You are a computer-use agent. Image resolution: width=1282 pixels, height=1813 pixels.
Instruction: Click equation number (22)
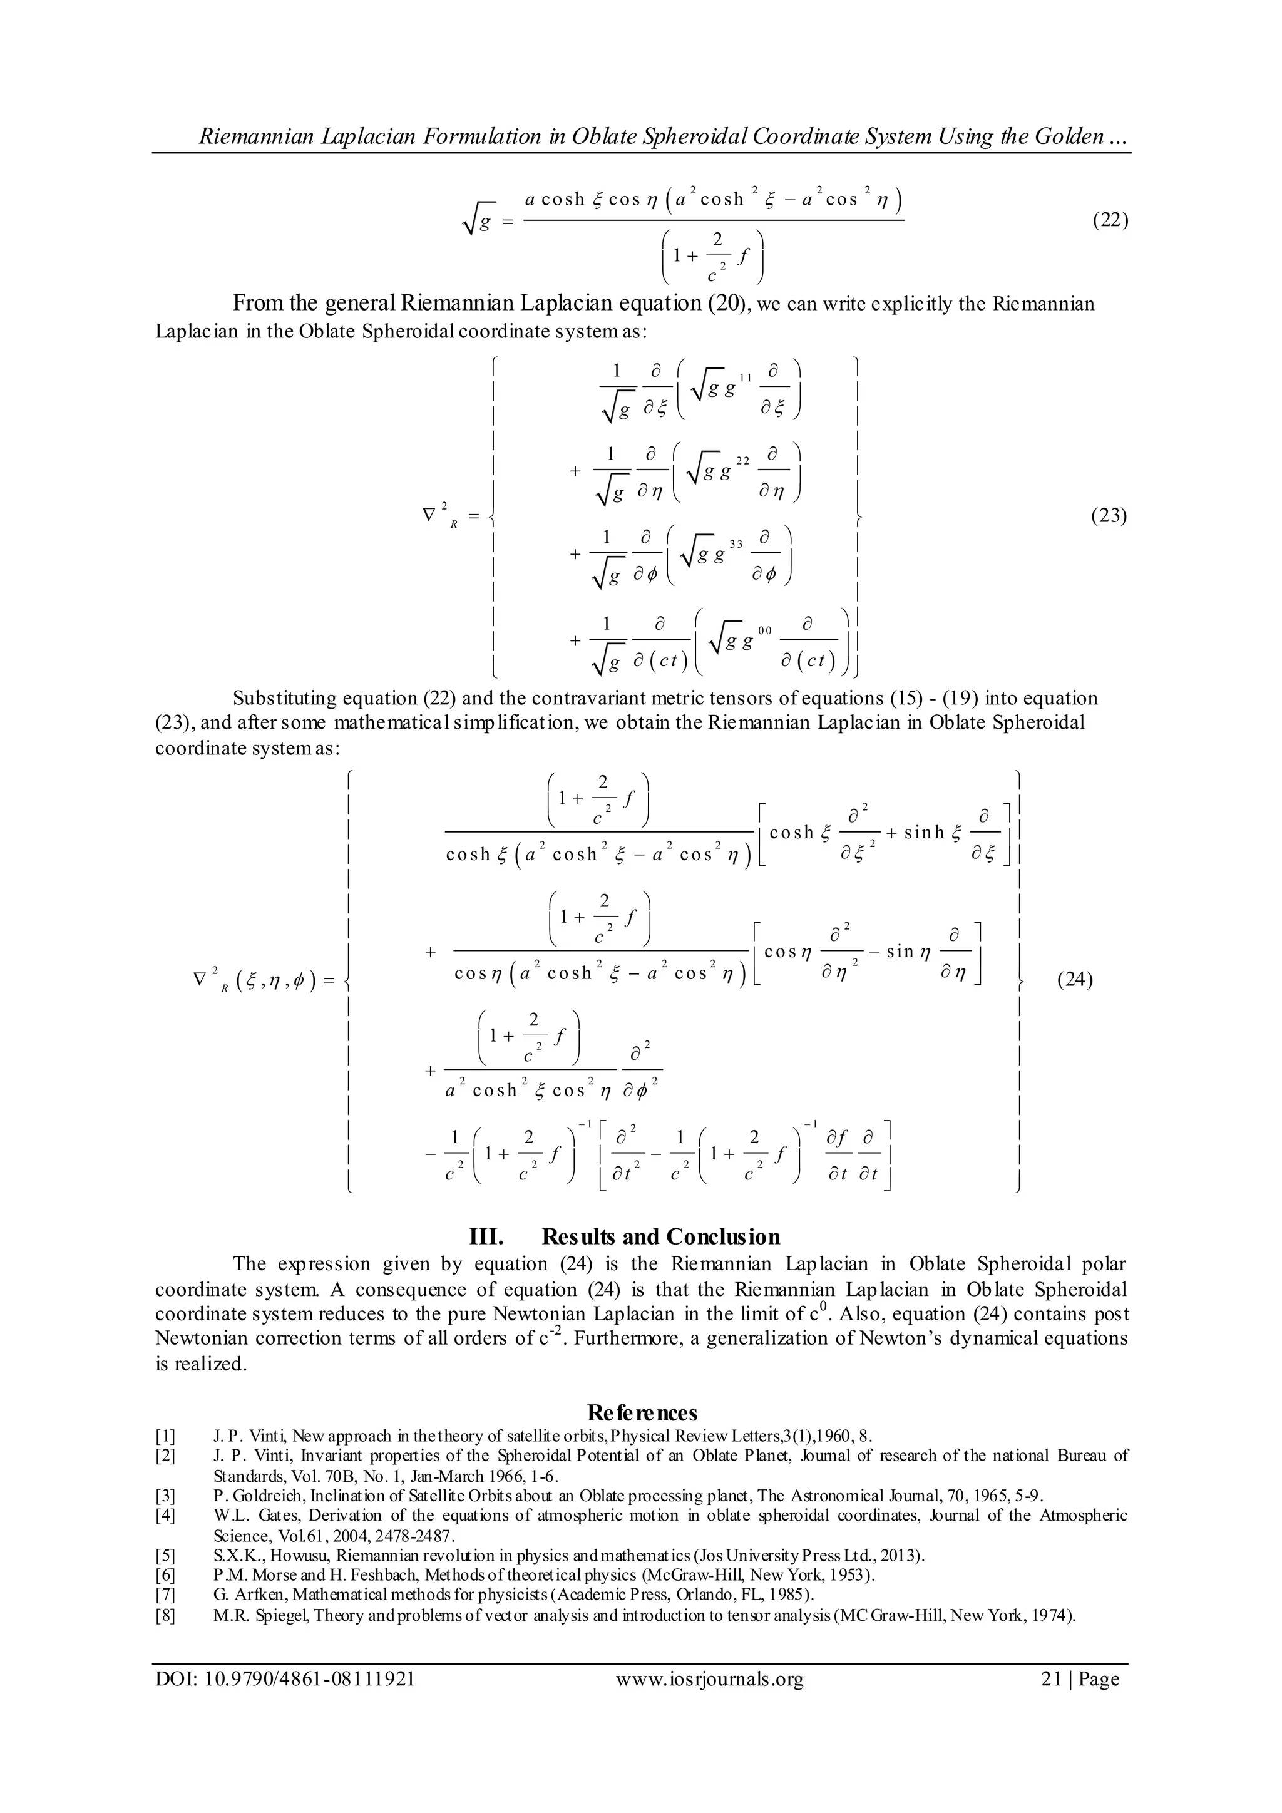(1109, 220)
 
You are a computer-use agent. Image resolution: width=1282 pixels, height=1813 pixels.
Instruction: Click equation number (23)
(1109, 516)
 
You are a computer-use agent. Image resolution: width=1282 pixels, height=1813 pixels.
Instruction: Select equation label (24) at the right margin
(1074, 982)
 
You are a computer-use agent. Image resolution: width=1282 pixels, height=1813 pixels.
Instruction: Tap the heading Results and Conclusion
(661, 1236)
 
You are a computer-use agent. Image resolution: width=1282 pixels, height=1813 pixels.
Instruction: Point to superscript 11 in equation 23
(745, 378)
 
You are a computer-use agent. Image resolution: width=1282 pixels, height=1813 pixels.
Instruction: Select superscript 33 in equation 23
(736, 544)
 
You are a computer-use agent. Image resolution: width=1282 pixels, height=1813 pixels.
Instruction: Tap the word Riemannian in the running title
(247, 137)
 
